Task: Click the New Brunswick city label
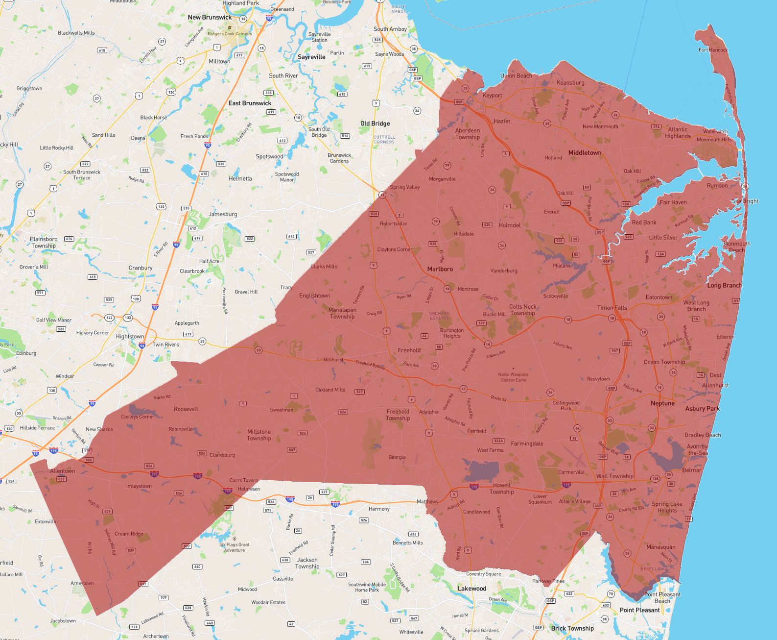point(210,17)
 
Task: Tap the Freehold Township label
point(398,415)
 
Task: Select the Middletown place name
point(585,153)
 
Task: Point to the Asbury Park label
point(702,409)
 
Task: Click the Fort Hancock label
point(712,50)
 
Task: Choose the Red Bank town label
point(644,222)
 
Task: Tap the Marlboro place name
point(440,269)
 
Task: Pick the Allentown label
point(63,471)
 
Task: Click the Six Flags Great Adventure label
point(234,547)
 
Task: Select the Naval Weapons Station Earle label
point(513,377)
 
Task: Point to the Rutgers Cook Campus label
point(230,34)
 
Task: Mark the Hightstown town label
point(130,337)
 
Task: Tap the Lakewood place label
point(471,589)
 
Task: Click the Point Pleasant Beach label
point(662,597)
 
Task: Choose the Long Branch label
point(724,286)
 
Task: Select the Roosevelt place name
point(186,409)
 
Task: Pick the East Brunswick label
point(250,103)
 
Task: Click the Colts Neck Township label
point(522,310)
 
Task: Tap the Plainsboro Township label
point(44,243)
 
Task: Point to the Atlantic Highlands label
point(678,133)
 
